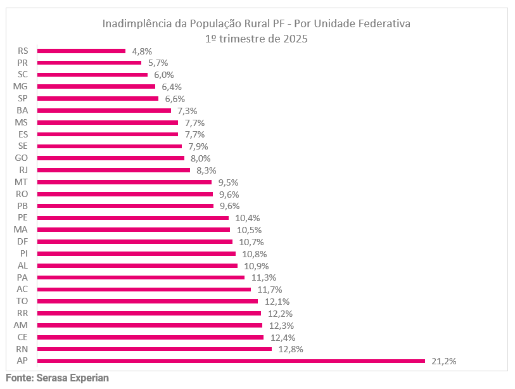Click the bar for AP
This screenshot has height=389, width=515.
point(231,361)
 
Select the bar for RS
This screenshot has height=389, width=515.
point(82,51)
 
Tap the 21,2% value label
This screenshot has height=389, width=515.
point(443,361)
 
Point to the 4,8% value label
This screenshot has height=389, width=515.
point(141,51)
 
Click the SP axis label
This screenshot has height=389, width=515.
point(23,98)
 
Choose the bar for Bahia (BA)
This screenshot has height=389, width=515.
point(105,110)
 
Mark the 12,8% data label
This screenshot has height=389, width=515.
point(289,349)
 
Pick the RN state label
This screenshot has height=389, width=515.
point(22,349)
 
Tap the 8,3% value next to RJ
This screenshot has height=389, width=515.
point(207,170)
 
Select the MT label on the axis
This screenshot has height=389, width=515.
point(21,182)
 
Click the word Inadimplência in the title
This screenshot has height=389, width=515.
point(136,23)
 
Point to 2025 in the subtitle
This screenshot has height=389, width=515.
point(295,38)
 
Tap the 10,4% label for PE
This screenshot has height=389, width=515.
point(247,217)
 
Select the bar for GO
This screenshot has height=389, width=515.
point(111,158)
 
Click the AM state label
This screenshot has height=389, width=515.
point(21,325)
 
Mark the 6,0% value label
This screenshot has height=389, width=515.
point(163,75)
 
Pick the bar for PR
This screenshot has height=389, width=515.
point(89,63)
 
